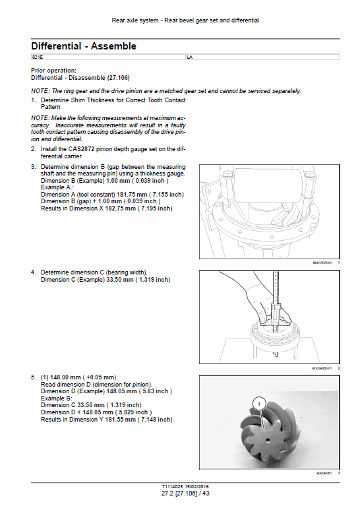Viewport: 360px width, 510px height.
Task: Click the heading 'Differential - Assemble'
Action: (x=84, y=46)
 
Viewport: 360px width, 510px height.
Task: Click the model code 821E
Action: (x=37, y=58)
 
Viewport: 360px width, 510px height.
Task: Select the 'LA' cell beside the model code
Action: (x=190, y=58)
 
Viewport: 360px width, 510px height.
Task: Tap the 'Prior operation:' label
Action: (x=53, y=71)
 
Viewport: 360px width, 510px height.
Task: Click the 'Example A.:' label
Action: (x=57, y=187)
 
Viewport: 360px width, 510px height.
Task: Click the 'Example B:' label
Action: (x=57, y=398)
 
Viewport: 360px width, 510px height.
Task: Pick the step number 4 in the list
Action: (x=34, y=272)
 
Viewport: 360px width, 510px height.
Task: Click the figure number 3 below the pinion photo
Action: (x=338, y=473)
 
